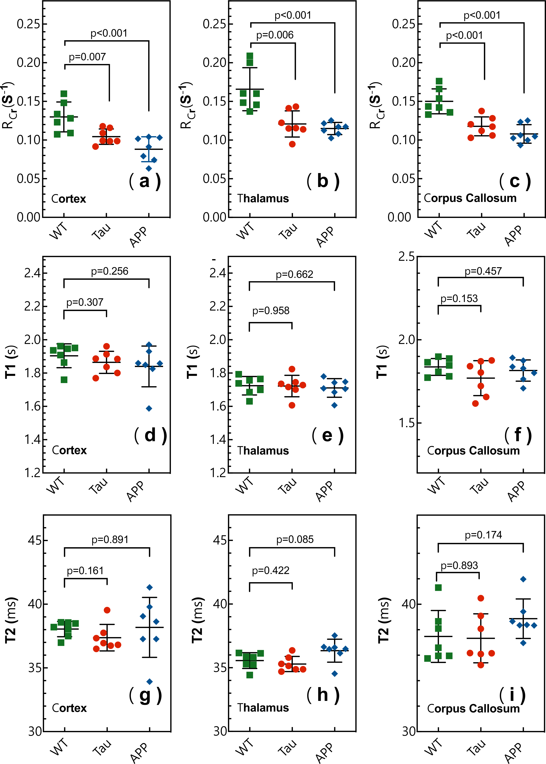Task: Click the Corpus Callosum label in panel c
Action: tap(470, 198)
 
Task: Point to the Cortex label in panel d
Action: tap(69, 450)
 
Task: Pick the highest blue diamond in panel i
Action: tap(523, 579)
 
